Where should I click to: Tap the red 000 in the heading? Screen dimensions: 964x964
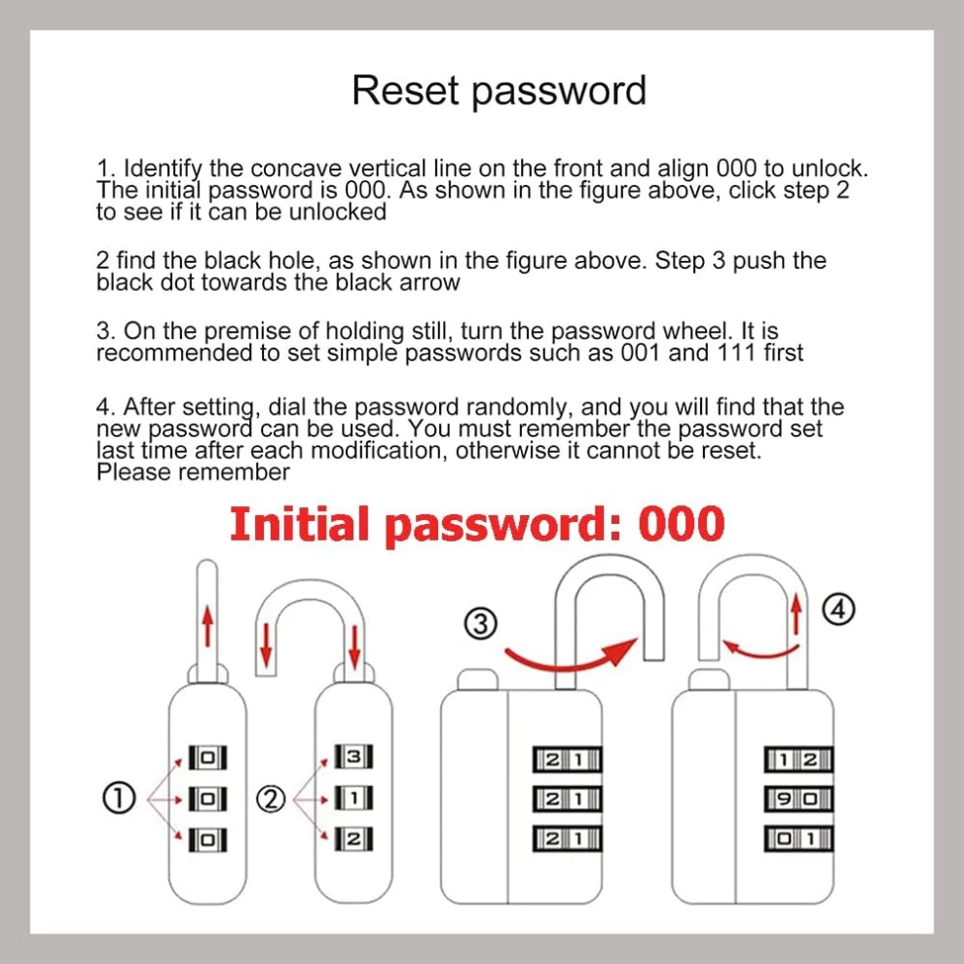point(682,524)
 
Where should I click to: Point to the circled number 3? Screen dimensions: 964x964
point(479,624)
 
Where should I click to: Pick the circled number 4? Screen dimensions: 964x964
point(838,611)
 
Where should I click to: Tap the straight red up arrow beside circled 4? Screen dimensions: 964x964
point(796,613)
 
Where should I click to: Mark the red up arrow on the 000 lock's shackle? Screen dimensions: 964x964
point(206,615)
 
